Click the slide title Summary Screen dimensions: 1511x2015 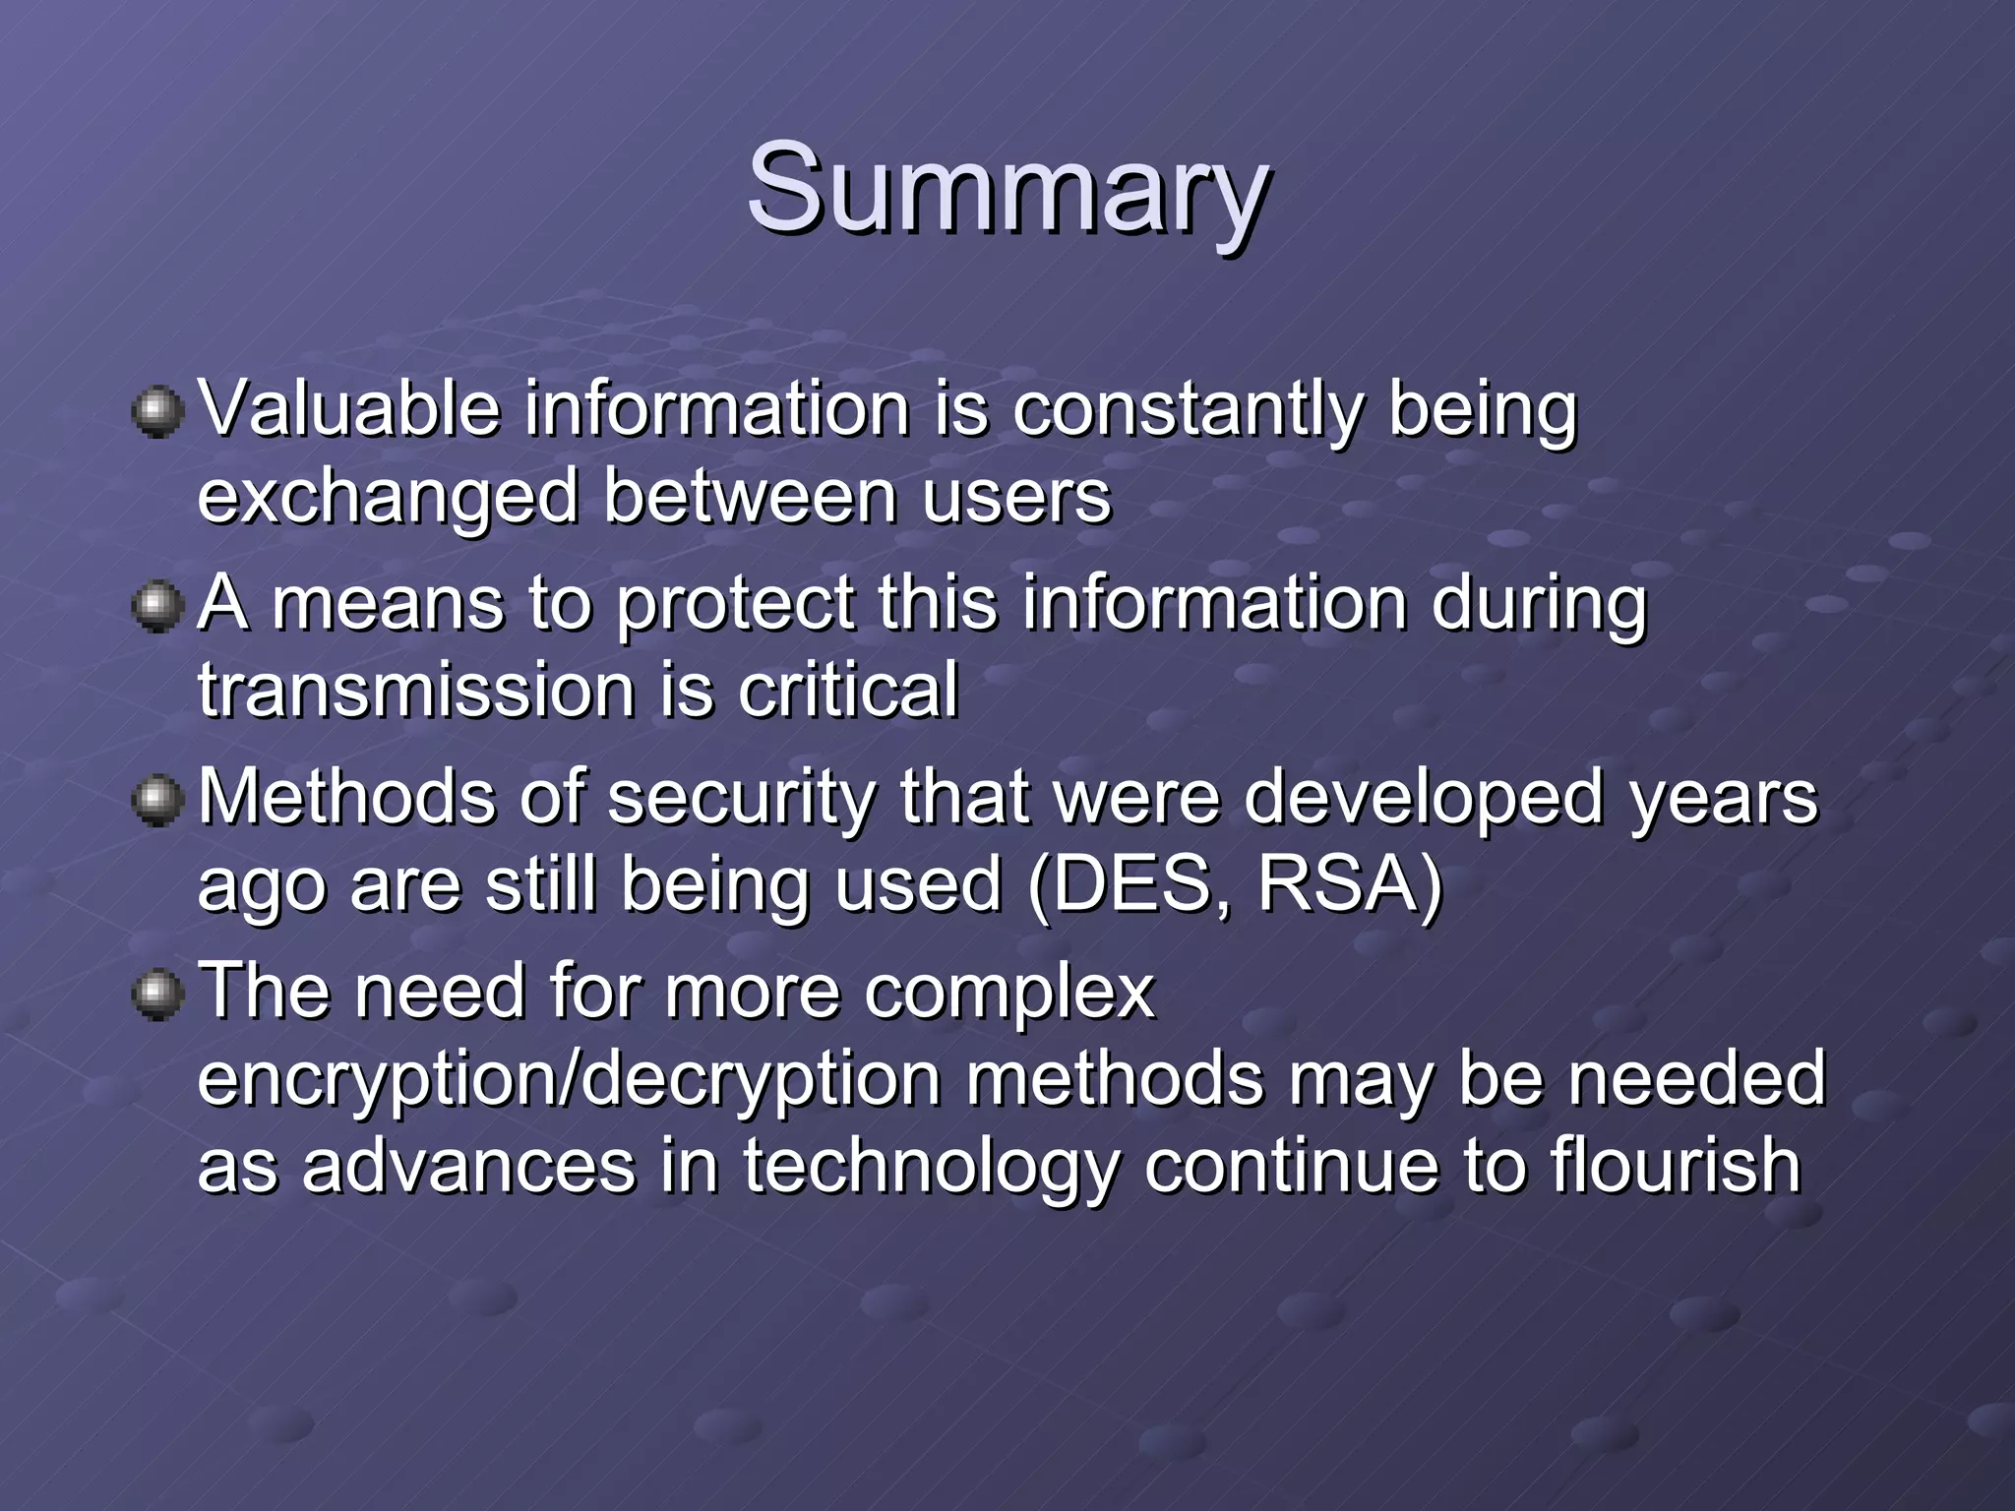click(x=1007, y=189)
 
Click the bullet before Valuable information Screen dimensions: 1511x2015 click(x=157, y=411)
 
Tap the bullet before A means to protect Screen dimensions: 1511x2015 click(x=157, y=605)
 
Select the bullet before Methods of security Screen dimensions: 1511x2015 click(x=157, y=799)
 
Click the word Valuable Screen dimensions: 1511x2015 click(x=349, y=408)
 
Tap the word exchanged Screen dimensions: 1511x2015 click(x=388, y=498)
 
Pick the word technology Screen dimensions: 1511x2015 click(x=931, y=1167)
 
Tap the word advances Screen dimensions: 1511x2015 click(x=468, y=1167)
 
